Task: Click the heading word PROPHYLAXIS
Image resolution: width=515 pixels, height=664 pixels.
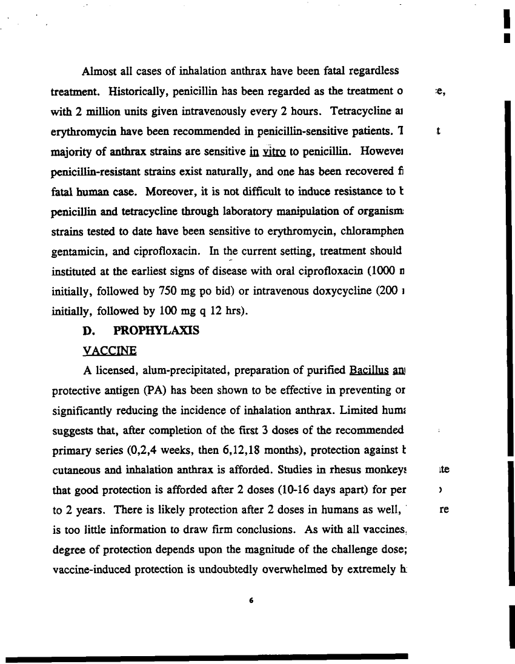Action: tap(156, 332)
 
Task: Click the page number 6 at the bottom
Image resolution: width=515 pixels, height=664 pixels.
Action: tap(250, 601)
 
